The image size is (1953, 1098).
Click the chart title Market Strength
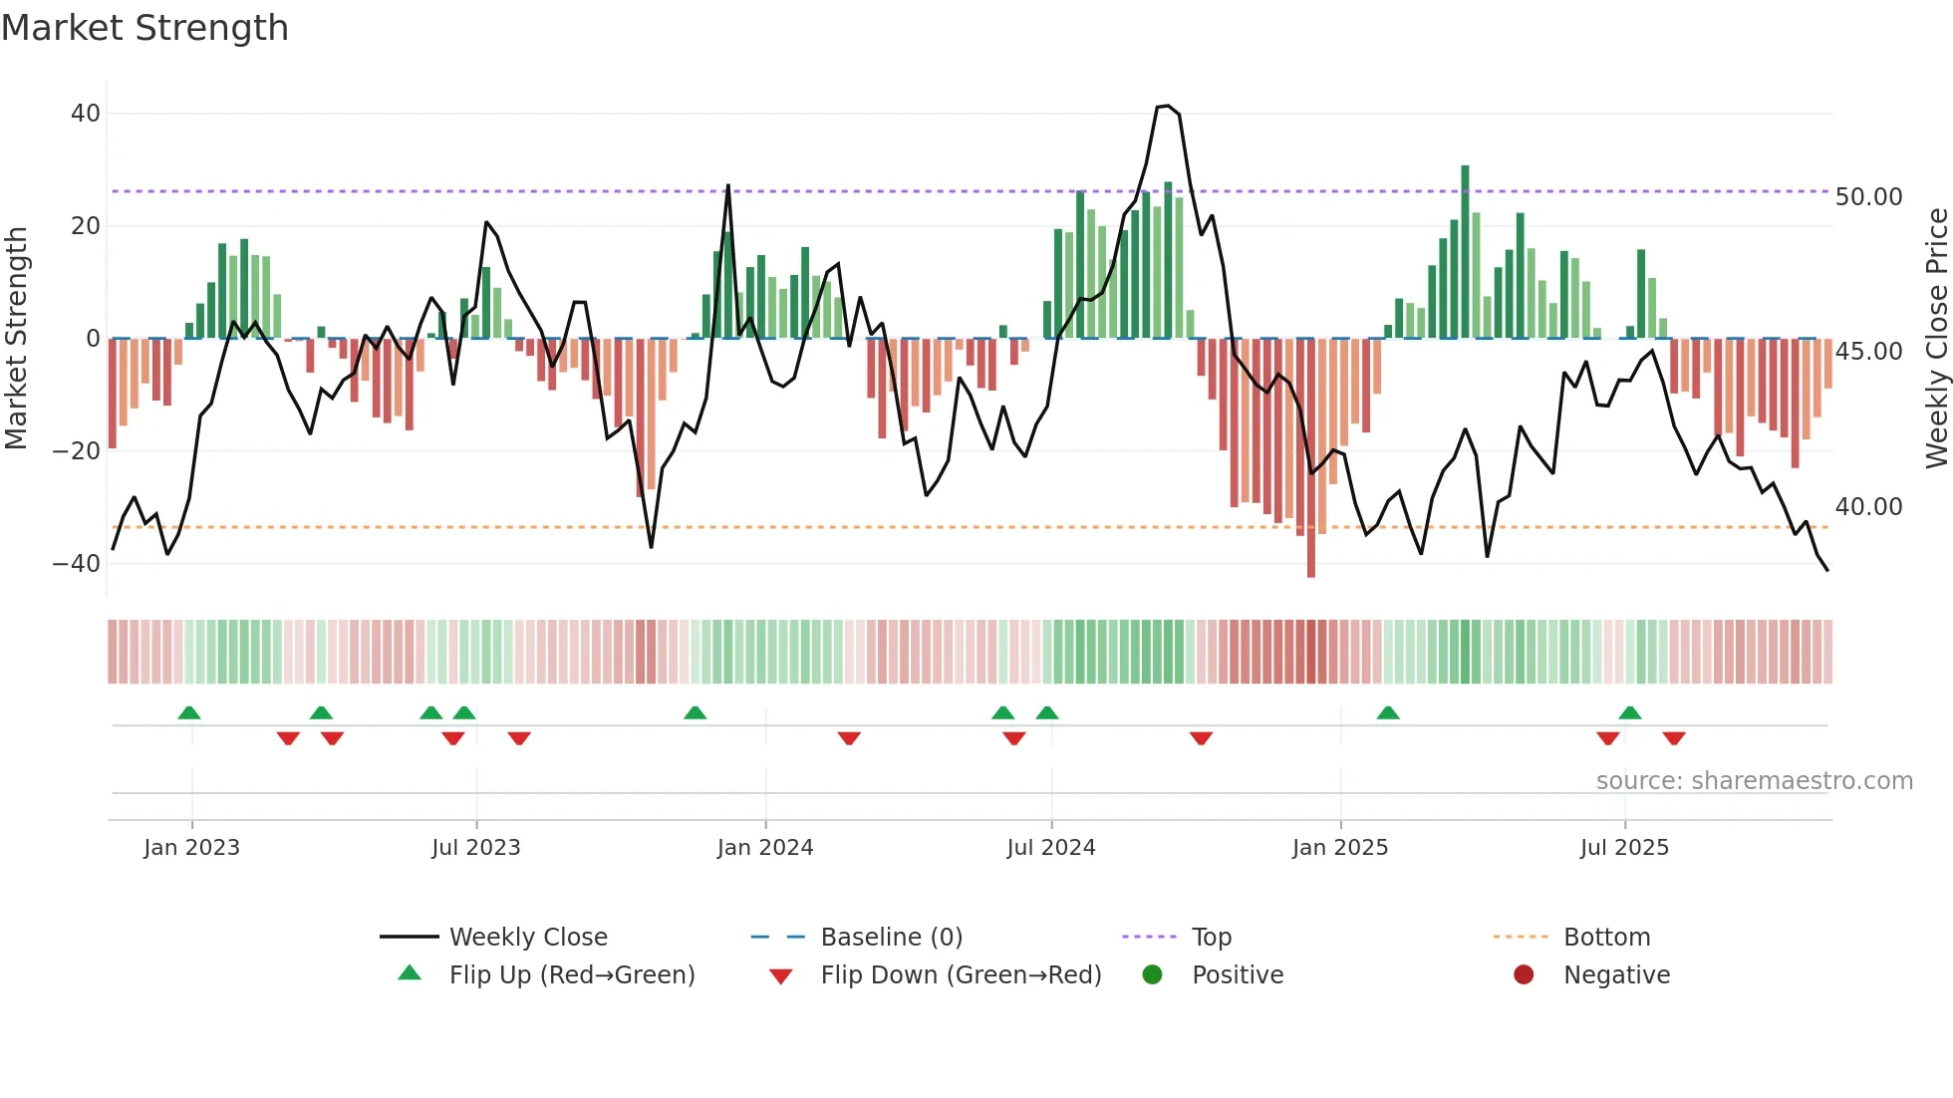(144, 28)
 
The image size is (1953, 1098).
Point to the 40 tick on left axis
(86, 114)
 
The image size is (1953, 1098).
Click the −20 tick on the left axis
(78, 451)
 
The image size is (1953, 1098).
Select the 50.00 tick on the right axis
(1868, 197)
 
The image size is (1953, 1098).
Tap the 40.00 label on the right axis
(1868, 507)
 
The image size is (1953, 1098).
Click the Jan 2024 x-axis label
(764, 848)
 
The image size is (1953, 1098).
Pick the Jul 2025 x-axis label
(1623, 848)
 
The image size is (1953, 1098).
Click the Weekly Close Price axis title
(1936, 339)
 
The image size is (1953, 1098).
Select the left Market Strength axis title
(16, 339)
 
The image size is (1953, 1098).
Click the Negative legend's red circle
(1524, 975)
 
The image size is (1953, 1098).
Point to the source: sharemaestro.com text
(1754, 781)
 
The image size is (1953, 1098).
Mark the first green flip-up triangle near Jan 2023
(189, 712)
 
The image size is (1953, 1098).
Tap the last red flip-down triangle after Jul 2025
(1674, 738)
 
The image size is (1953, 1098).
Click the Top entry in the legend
(1211, 938)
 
